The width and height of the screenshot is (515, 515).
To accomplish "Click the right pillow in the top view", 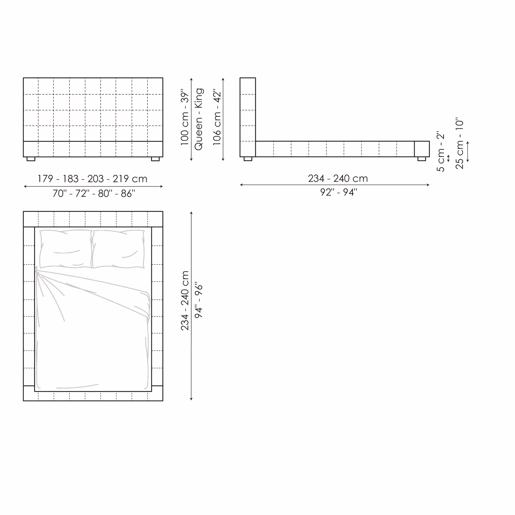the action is coord(118,249).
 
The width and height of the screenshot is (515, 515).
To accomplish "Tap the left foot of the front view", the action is coord(31,159).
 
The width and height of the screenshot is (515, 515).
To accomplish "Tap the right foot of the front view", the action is coord(155,159).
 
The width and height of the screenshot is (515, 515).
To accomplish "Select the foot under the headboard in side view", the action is coord(248,159).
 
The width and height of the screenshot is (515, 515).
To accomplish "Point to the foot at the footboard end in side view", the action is coord(422,159).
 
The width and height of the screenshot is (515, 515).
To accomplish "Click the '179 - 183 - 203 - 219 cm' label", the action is coord(92,179).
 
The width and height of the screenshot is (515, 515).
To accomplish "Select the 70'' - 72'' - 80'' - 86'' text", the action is coord(94,194).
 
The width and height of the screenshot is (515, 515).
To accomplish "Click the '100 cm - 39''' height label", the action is coord(185,118).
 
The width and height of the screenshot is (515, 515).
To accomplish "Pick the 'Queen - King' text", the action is coord(199,119).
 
